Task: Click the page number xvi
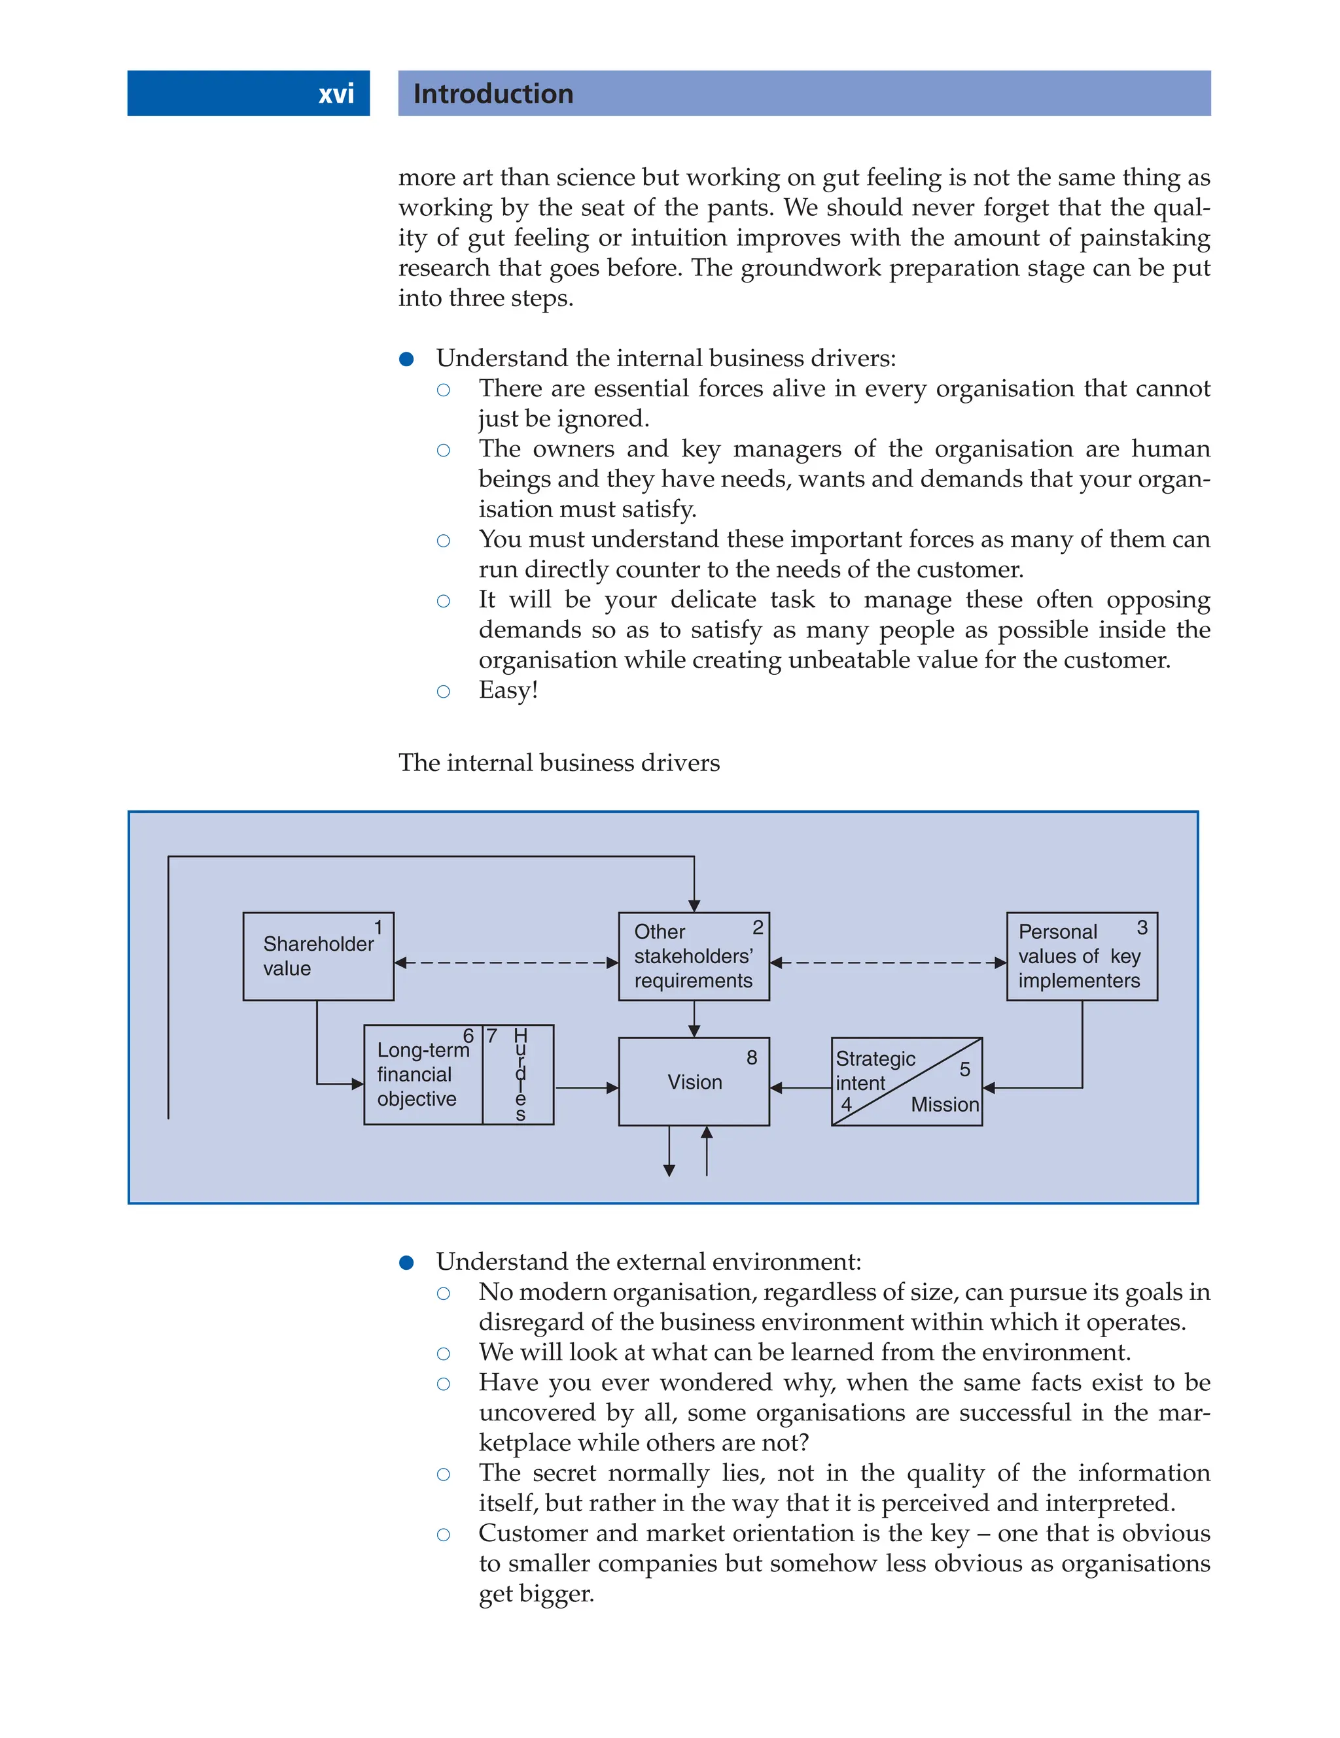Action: pos(336,94)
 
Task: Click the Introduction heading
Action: pos(493,94)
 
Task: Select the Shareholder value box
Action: pos(318,956)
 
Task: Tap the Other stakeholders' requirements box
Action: pos(693,956)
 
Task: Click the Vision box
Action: pos(694,1082)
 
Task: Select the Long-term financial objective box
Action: pos(422,1074)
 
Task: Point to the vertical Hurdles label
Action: pos(520,1074)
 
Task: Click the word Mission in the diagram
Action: pos(944,1104)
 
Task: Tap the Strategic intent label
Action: pos(873,1070)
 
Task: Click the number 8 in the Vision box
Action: pos(752,1057)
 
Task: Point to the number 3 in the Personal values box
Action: pos(1142,928)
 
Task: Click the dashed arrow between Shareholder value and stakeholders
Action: pos(506,963)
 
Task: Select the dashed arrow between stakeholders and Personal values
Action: pos(888,963)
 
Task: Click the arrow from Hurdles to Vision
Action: pos(586,1088)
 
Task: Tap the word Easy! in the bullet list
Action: pos(508,690)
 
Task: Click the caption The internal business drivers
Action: pos(559,762)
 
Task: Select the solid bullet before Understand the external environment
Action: pos(407,1262)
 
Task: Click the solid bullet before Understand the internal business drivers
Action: pos(407,359)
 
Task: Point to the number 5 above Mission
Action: pos(964,1070)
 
